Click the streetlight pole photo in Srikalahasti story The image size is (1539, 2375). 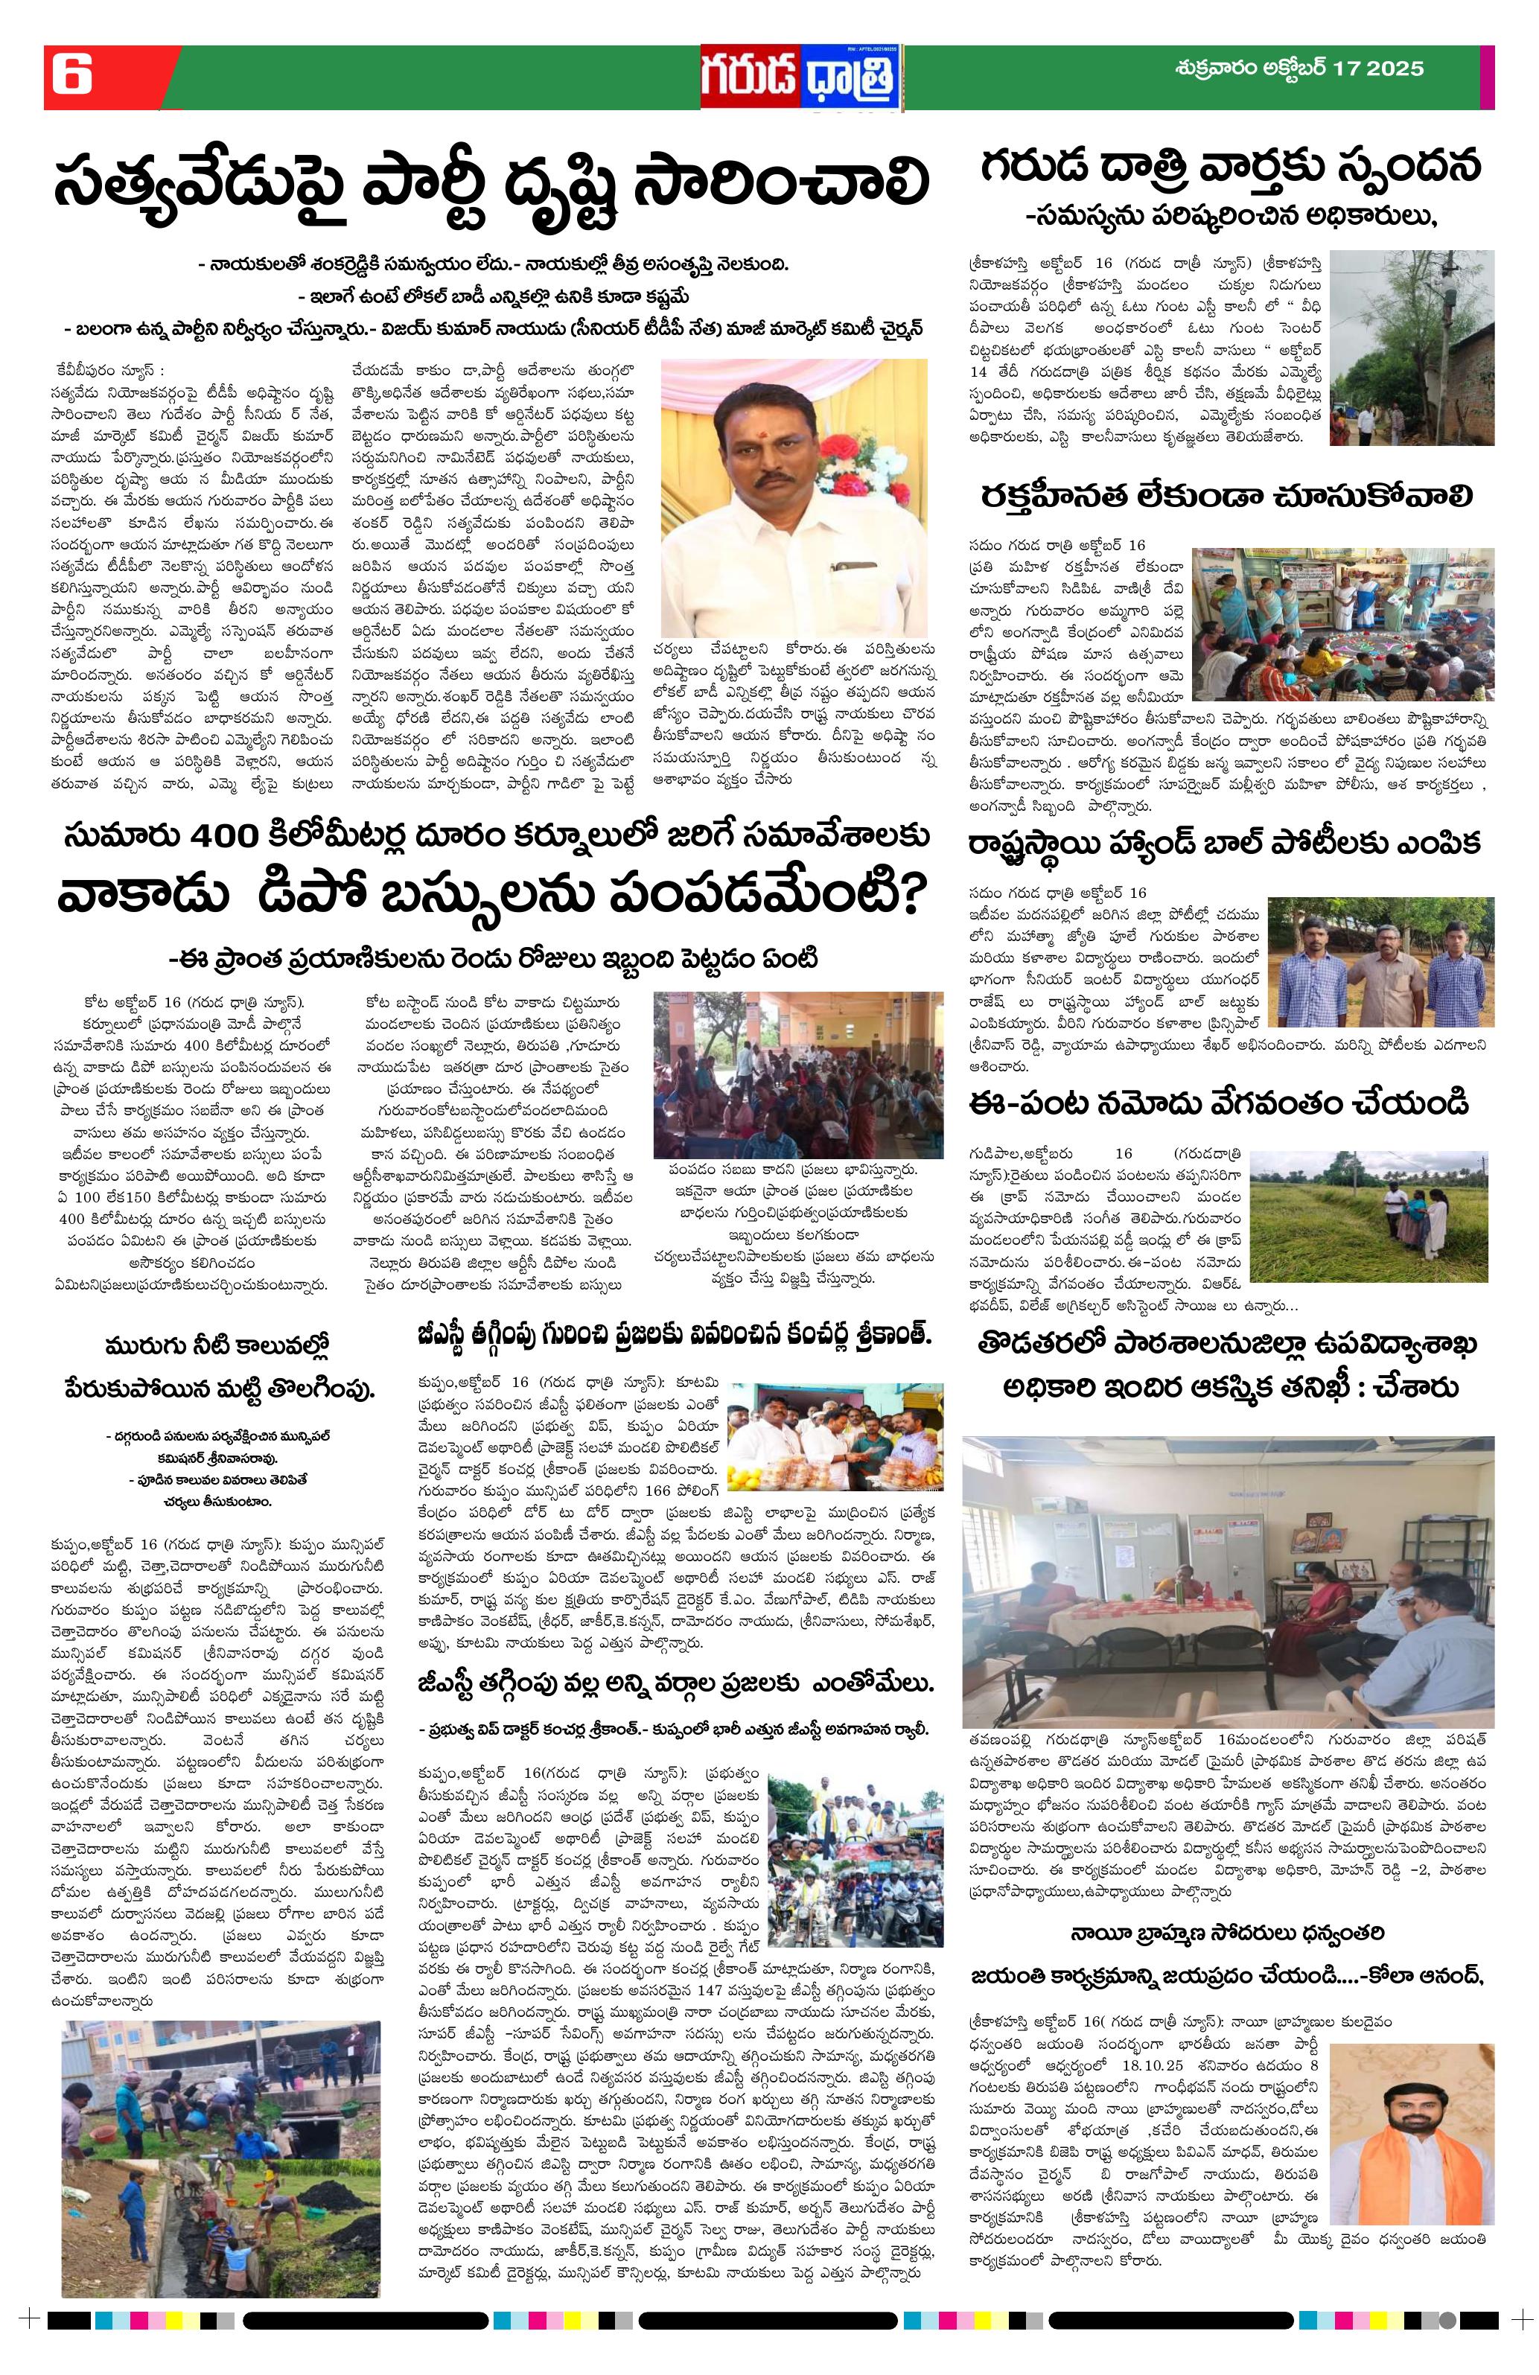[x=1412, y=346]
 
